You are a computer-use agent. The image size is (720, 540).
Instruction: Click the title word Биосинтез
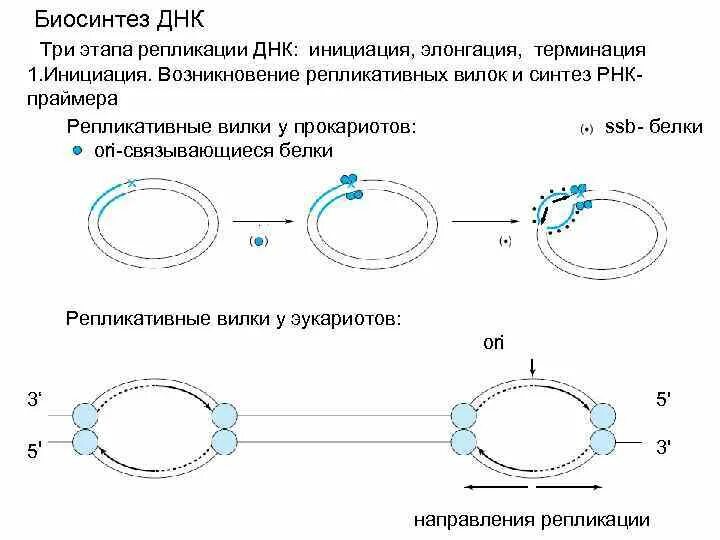[87, 20]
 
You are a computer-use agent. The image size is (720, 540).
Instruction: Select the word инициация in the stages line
[360, 49]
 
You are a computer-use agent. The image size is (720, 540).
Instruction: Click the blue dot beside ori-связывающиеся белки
[77, 150]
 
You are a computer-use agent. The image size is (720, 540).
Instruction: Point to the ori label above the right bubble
[494, 343]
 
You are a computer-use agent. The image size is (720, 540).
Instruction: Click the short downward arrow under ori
[533, 367]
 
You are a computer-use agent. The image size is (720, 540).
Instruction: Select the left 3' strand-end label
[34, 400]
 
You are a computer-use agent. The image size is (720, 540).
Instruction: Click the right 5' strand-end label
[663, 400]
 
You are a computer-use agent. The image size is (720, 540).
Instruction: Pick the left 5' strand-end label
[34, 452]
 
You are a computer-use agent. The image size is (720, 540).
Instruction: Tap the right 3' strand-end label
[663, 446]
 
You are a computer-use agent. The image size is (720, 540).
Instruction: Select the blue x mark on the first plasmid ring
[131, 183]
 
